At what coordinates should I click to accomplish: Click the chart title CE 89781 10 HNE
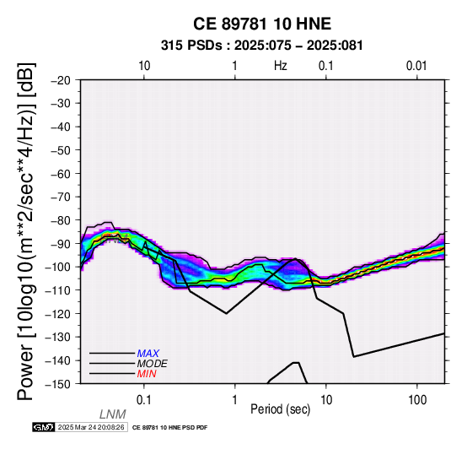[x=262, y=24]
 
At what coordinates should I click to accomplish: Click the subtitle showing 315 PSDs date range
[x=262, y=46]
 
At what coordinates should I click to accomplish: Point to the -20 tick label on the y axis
[x=61, y=80]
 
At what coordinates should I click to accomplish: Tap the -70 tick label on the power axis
[x=61, y=197]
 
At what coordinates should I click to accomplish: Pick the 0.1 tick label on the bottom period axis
[x=144, y=400]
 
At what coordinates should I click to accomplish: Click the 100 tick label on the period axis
[x=417, y=400]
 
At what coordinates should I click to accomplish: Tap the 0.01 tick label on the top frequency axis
[x=416, y=66]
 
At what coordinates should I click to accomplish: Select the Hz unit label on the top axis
[x=281, y=66]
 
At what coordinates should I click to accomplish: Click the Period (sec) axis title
[x=280, y=409]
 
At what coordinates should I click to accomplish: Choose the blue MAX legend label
[x=148, y=354]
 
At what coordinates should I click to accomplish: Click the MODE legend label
[x=153, y=364]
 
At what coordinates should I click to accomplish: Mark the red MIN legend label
[x=147, y=374]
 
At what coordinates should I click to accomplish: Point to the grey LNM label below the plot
[x=113, y=414]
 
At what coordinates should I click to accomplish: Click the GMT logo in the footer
[x=44, y=427]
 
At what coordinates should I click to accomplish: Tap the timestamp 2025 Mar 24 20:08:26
[x=91, y=427]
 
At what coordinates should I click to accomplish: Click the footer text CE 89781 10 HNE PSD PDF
[x=169, y=428]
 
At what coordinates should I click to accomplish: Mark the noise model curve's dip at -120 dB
[x=227, y=313]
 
